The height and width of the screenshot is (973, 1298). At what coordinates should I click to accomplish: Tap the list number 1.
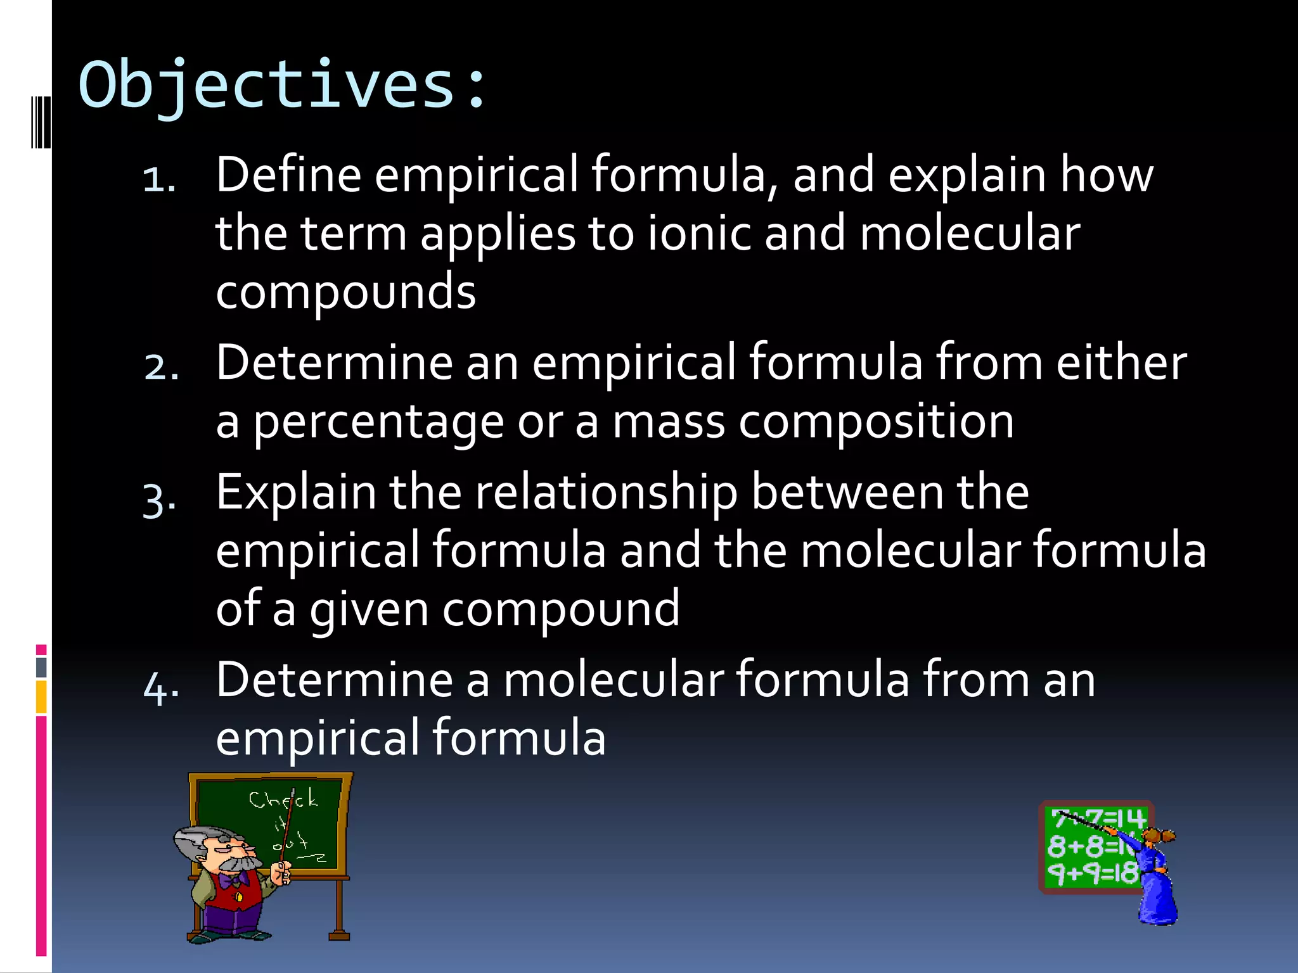point(158,179)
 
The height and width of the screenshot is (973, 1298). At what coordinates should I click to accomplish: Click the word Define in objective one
point(288,174)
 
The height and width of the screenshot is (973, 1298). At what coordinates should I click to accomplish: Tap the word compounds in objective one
point(345,291)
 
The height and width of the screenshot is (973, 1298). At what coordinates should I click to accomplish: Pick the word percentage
point(378,423)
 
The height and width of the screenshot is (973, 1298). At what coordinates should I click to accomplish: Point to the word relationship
point(607,492)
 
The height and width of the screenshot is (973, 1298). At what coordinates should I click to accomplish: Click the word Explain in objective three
point(296,492)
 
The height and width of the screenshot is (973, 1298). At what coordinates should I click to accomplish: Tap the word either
point(1121,362)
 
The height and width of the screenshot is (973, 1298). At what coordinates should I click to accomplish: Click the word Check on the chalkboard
point(282,799)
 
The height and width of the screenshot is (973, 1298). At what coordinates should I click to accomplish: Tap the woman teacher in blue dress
point(1155,877)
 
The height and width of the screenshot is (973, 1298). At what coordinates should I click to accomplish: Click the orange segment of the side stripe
point(41,697)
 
